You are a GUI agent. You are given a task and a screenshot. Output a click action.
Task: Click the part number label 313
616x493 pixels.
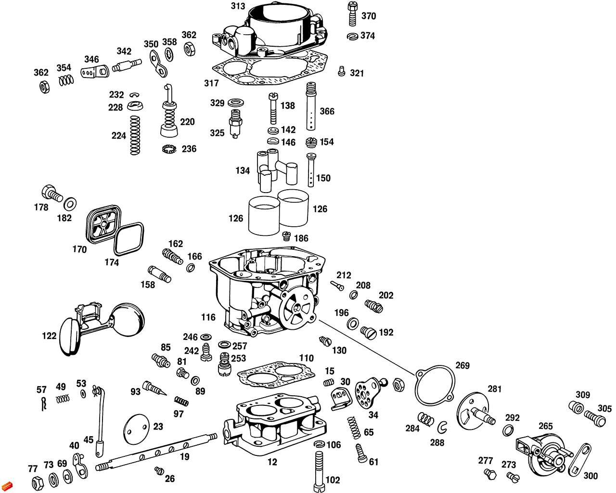[238, 6]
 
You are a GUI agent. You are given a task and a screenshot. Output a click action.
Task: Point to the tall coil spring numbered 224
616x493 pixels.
[135, 136]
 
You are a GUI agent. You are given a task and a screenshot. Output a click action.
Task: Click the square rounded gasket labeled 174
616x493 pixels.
[128, 239]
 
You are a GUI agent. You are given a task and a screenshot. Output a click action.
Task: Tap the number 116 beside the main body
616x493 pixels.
[208, 317]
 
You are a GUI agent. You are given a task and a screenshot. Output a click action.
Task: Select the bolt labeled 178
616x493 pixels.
[51, 194]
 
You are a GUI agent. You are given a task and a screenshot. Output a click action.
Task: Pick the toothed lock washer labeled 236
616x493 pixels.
[169, 149]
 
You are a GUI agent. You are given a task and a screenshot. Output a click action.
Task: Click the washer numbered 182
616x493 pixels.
[70, 203]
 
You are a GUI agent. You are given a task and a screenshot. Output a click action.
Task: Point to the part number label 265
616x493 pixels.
[545, 426]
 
